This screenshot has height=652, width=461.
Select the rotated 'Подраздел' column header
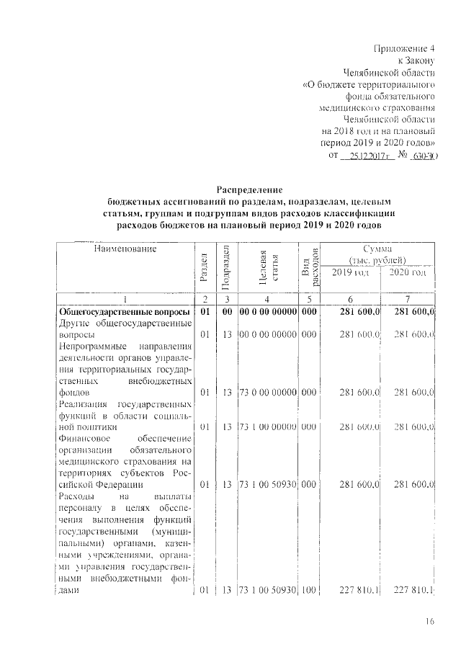point(225,265)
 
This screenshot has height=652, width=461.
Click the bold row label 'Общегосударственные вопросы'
point(124,311)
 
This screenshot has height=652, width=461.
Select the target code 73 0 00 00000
point(268,393)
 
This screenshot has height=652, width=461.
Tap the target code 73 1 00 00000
point(268,427)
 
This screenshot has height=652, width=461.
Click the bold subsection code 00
point(225,311)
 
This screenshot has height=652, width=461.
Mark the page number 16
point(430,622)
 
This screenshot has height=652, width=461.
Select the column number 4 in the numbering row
point(268,299)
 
